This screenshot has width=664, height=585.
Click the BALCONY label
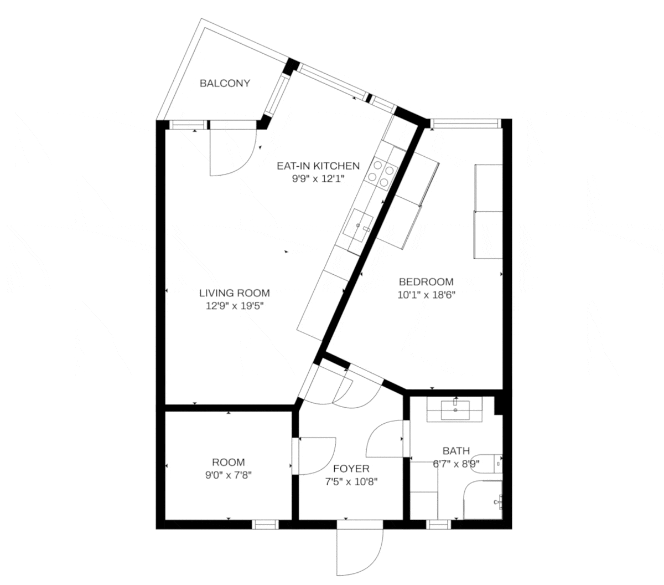225,84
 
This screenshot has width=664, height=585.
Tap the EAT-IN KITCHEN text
318,166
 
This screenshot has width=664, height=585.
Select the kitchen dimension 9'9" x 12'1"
318,178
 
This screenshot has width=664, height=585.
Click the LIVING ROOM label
235,293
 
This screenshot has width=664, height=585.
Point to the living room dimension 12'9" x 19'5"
235,306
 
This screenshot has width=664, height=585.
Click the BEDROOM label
426,282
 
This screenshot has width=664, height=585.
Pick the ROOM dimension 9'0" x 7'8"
229,475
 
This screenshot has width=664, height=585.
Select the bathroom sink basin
455,410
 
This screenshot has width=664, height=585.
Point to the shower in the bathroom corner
483,500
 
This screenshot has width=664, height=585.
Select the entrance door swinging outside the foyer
359,548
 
